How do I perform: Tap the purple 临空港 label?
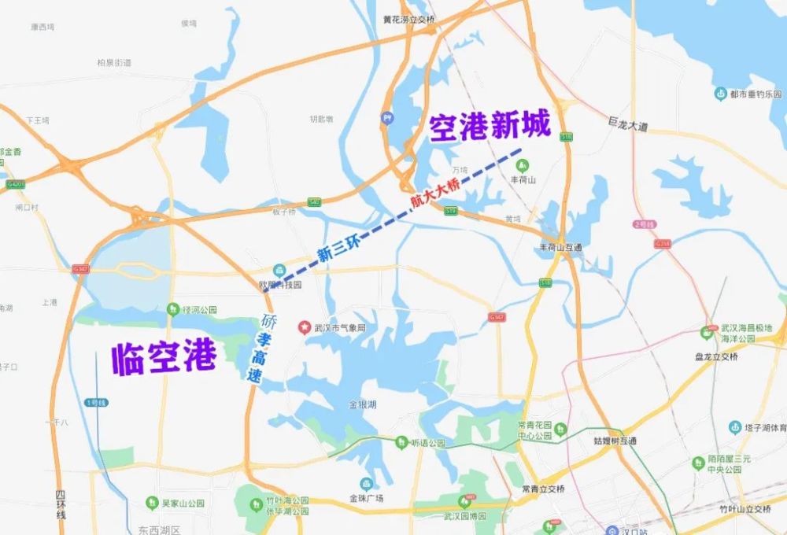pyautogui.click(x=163, y=358)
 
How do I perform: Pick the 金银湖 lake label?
pyautogui.click(x=363, y=404)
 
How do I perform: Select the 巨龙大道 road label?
pyautogui.click(x=627, y=125)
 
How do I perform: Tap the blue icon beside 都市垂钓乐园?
pyautogui.click(x=719, y=94)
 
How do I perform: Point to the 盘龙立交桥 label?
pyautogui.click(x=716, y=356)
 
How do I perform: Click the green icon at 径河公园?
pyautogui.click(x=172, y=309)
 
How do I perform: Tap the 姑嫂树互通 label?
pyautogui.click(x=615, y=441)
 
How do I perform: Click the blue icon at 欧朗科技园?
pyautogui.click(x=279, y=270)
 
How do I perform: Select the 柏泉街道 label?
pyautogui.click(x=114, y=62)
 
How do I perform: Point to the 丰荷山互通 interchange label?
pyautogui.click(x=560, y=247)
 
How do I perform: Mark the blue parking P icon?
pyautogui.click(x=387, y=118)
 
